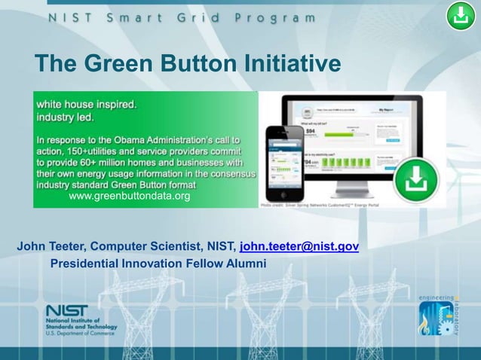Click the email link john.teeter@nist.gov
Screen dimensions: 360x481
point(299,246)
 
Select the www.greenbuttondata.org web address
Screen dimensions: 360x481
point(129,197)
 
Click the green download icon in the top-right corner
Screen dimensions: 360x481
point(460,16)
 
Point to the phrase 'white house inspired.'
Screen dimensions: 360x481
point(87,105)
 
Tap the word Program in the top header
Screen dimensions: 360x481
point(274,17)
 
